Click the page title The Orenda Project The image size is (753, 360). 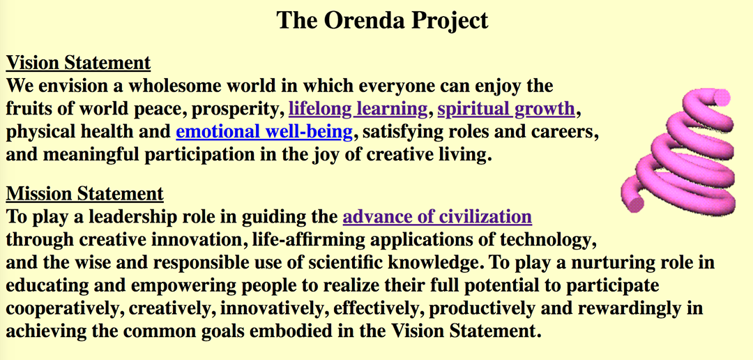[382, 20]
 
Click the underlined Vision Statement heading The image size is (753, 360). [78, 63]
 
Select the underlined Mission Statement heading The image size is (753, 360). [84, 194]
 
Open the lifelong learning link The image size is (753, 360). [357, 109]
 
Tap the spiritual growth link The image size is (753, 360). [506, 109]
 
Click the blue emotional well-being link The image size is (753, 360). [264, 132]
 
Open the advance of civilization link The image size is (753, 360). [437, 217]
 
